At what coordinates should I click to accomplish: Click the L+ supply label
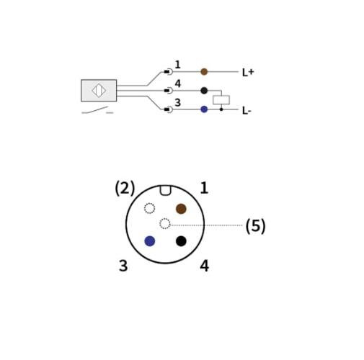[x=248, y=72]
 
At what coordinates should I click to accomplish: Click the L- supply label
[x=247, y=111]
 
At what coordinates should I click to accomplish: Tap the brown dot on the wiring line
[x=204, y=71]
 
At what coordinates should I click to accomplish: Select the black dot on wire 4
[x=204, y=91]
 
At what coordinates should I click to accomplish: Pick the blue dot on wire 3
[x=204, y=109]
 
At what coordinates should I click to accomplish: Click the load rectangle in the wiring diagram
[x=221, y=100]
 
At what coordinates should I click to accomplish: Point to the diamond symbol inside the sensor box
[x=99, y=91]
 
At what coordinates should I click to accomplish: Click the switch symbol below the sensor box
[x=97, y=111]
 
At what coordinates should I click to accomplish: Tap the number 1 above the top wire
[x=177, y=65]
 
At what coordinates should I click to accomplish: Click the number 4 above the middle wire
[x=177, y=84]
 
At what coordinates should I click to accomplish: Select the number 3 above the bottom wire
[x=177, y=102]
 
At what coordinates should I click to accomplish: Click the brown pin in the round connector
[x=181, y=209]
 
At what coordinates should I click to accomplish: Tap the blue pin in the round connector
[x=149, y=241]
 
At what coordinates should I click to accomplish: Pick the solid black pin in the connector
[x=181, y=241]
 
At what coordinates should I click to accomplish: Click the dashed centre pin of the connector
[x=165, y=224]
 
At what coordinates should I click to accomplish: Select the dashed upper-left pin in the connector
[x=149, y=208]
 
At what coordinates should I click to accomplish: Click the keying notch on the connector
[x=165, y=190]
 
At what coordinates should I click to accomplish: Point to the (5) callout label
[x=255, y=226]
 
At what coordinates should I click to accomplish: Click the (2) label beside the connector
[x=125, y=188]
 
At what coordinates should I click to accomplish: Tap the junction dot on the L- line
[x=221, y=109]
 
